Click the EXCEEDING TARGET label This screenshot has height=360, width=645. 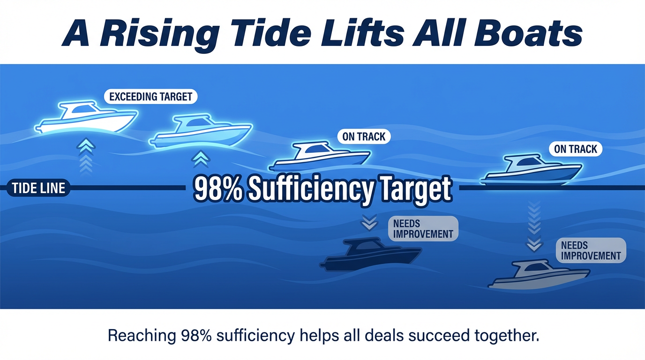point(150,97)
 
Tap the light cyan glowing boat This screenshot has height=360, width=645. point(202,131)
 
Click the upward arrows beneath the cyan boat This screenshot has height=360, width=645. point(201,159)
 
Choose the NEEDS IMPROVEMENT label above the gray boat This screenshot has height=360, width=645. point(590,250)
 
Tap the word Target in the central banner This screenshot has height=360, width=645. point(417,189)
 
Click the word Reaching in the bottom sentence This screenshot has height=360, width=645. point(140,336)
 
